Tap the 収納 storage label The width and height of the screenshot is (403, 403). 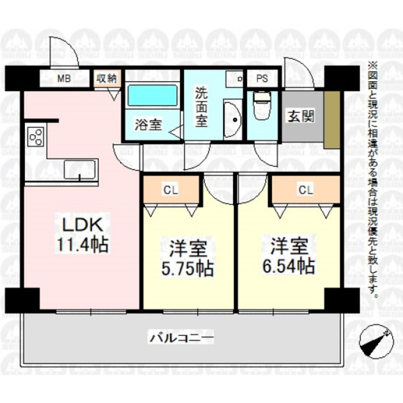tap(106, 78)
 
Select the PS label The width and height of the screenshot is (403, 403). tap(262, 78)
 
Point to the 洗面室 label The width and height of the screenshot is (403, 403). tap(201, 106)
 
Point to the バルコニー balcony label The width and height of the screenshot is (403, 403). tap(182, 338)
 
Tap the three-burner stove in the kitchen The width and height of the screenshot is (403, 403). tap(36, 136)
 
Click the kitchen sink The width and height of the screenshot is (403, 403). tap(80, 169)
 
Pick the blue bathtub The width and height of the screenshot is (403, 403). tap(153, 97)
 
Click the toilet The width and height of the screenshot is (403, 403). tap(262, 105)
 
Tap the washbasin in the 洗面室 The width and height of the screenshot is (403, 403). tap(231, 119)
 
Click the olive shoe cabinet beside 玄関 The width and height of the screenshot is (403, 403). tap(332, 118)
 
